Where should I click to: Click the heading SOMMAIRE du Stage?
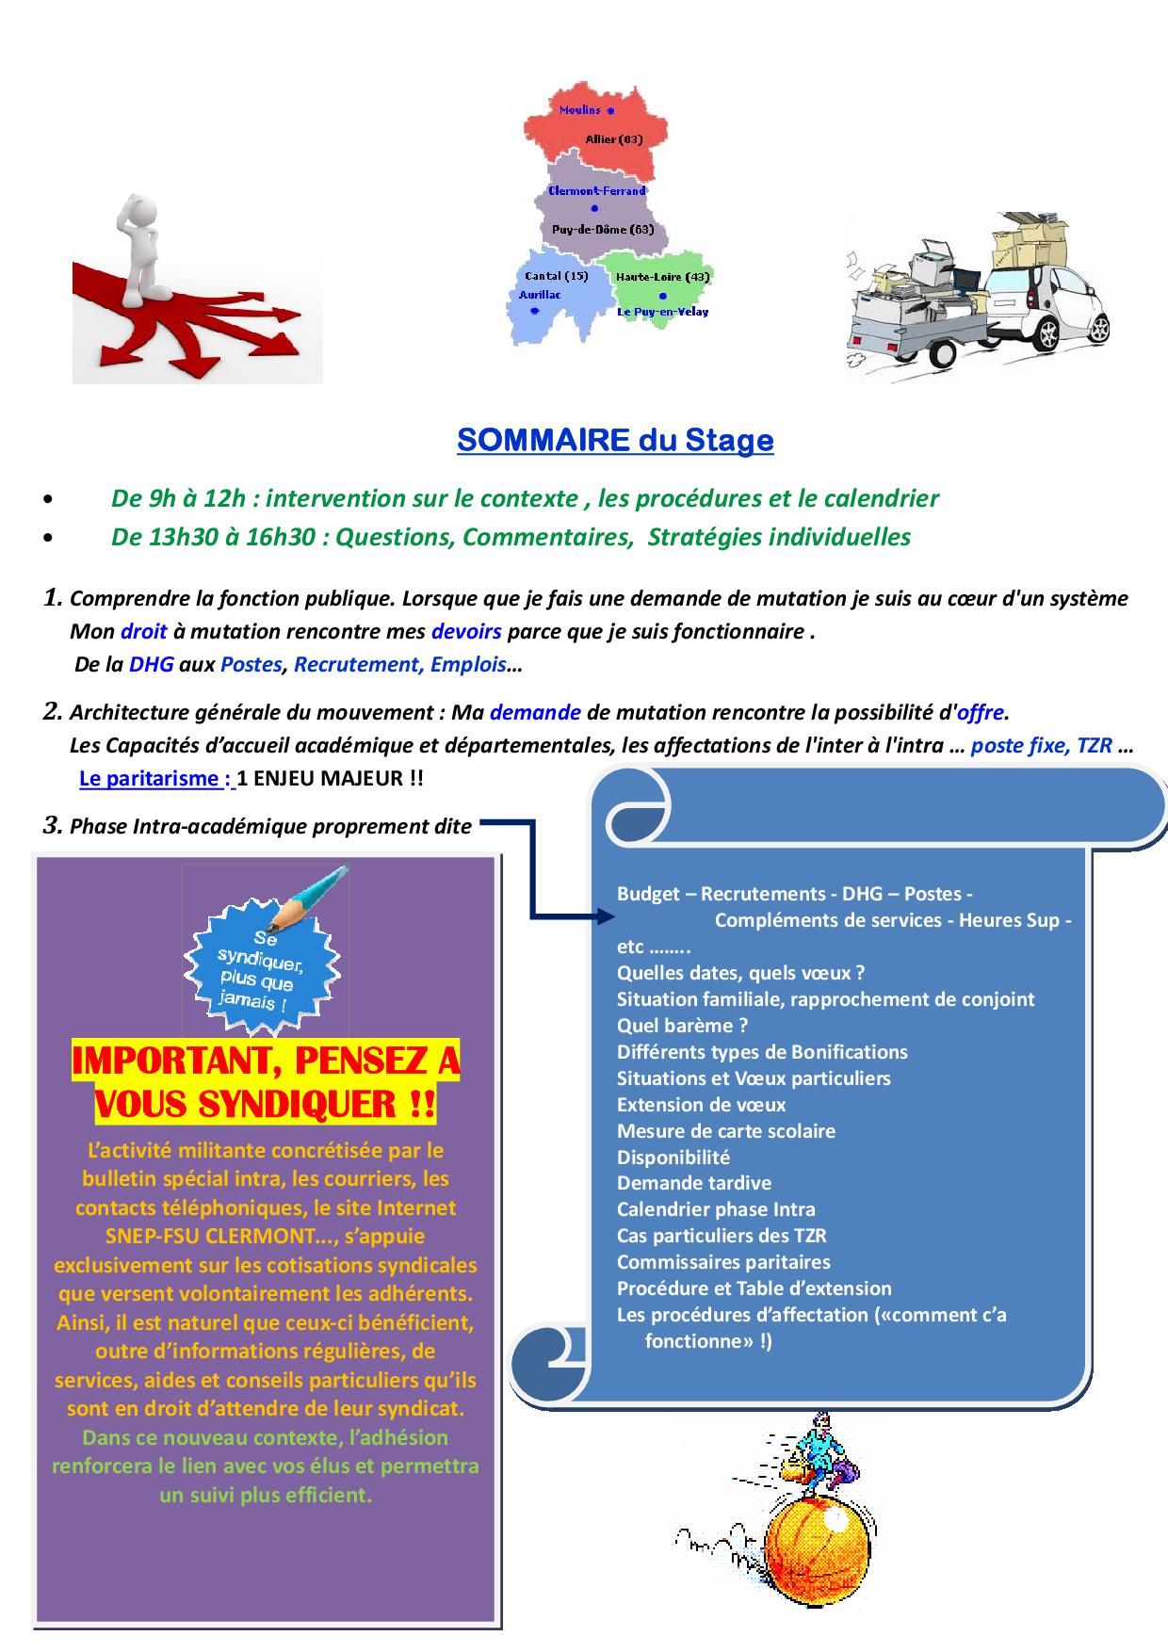tap(615, 441)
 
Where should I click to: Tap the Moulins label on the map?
tap(579, 110)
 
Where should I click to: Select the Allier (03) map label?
tap(613, 139)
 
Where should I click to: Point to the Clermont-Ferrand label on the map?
tap(596, 190)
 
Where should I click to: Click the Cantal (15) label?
tap(556, 276)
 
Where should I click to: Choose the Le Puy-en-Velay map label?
tap(662, 312)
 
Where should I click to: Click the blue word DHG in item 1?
tap(152, 665)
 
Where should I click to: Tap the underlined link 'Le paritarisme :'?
tap(155, 779)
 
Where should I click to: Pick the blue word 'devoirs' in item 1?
tap(466, 631)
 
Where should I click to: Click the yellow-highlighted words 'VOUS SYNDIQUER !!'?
tap(266, 1104)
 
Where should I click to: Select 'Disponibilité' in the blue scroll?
tap(673, 1158)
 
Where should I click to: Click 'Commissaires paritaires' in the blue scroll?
tap(723, 1262)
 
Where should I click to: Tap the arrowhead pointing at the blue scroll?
tap(603, 915)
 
